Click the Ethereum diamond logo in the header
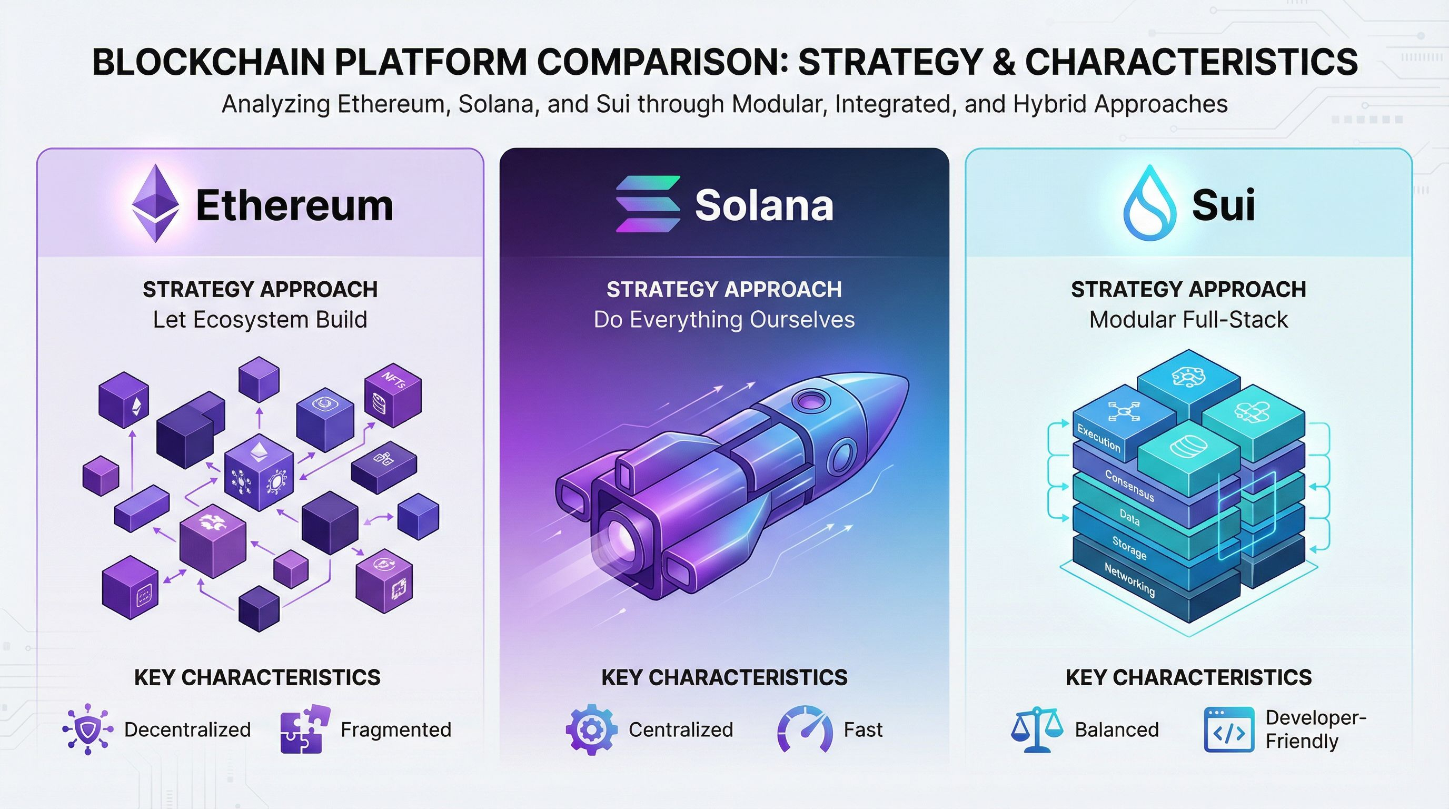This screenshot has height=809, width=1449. click(155, 204)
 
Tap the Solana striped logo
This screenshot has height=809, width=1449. click(648, 204)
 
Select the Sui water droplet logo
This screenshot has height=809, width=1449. click(1150, 203)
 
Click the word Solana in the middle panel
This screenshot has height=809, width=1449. click(764, 205)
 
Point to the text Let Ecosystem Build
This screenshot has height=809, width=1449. click(260, 320)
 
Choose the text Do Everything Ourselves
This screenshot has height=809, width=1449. click(724, 320)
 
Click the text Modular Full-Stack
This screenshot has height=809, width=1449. click(1188, 320)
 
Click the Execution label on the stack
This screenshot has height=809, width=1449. click(1098, 438)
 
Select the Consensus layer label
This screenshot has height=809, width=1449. click(1129, 486)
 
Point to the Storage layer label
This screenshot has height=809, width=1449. click(1129, 548)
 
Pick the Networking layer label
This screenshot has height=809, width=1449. click(1129, 579)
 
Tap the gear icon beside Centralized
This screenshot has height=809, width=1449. click(591, 729)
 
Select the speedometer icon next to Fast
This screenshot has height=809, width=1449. click(805, 729)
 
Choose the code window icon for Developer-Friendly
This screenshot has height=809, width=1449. click(1229, 729)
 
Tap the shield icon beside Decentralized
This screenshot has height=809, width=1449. click(87, 729)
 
